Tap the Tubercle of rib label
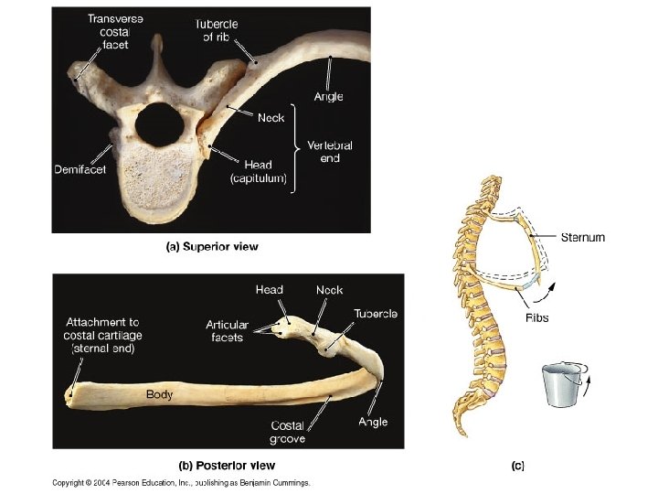pyautogui.click(x=216, y=30)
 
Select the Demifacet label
pyautogui.click(x=80, y=169)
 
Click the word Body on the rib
pyautogui.click(x=160, y=394)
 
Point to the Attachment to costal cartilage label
pyautogui.click(x=101, y=335)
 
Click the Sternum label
pyautogui.click(x=581, y=237)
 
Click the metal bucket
pyautogui.click(x=560, y=385)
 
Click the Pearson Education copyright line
pyautogui.click(x=181, y=482)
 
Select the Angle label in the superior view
pyautogui.click(x=328, y=96)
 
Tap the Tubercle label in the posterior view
pyautogui.click(x=375, y=314)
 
